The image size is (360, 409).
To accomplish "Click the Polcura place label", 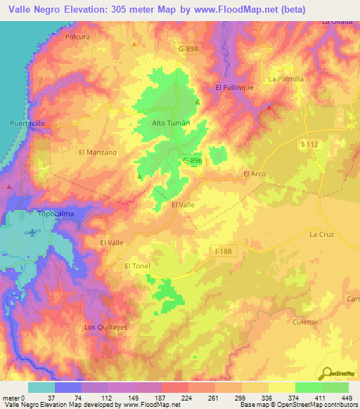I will (x=78, y=36).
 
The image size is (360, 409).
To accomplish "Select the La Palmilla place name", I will (x=286, y=79).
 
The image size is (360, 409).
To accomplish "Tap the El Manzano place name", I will (x=98, y=151).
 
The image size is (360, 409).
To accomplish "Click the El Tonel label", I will (x=137, y=266).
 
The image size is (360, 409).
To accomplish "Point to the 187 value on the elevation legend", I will (x=161, y=397).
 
